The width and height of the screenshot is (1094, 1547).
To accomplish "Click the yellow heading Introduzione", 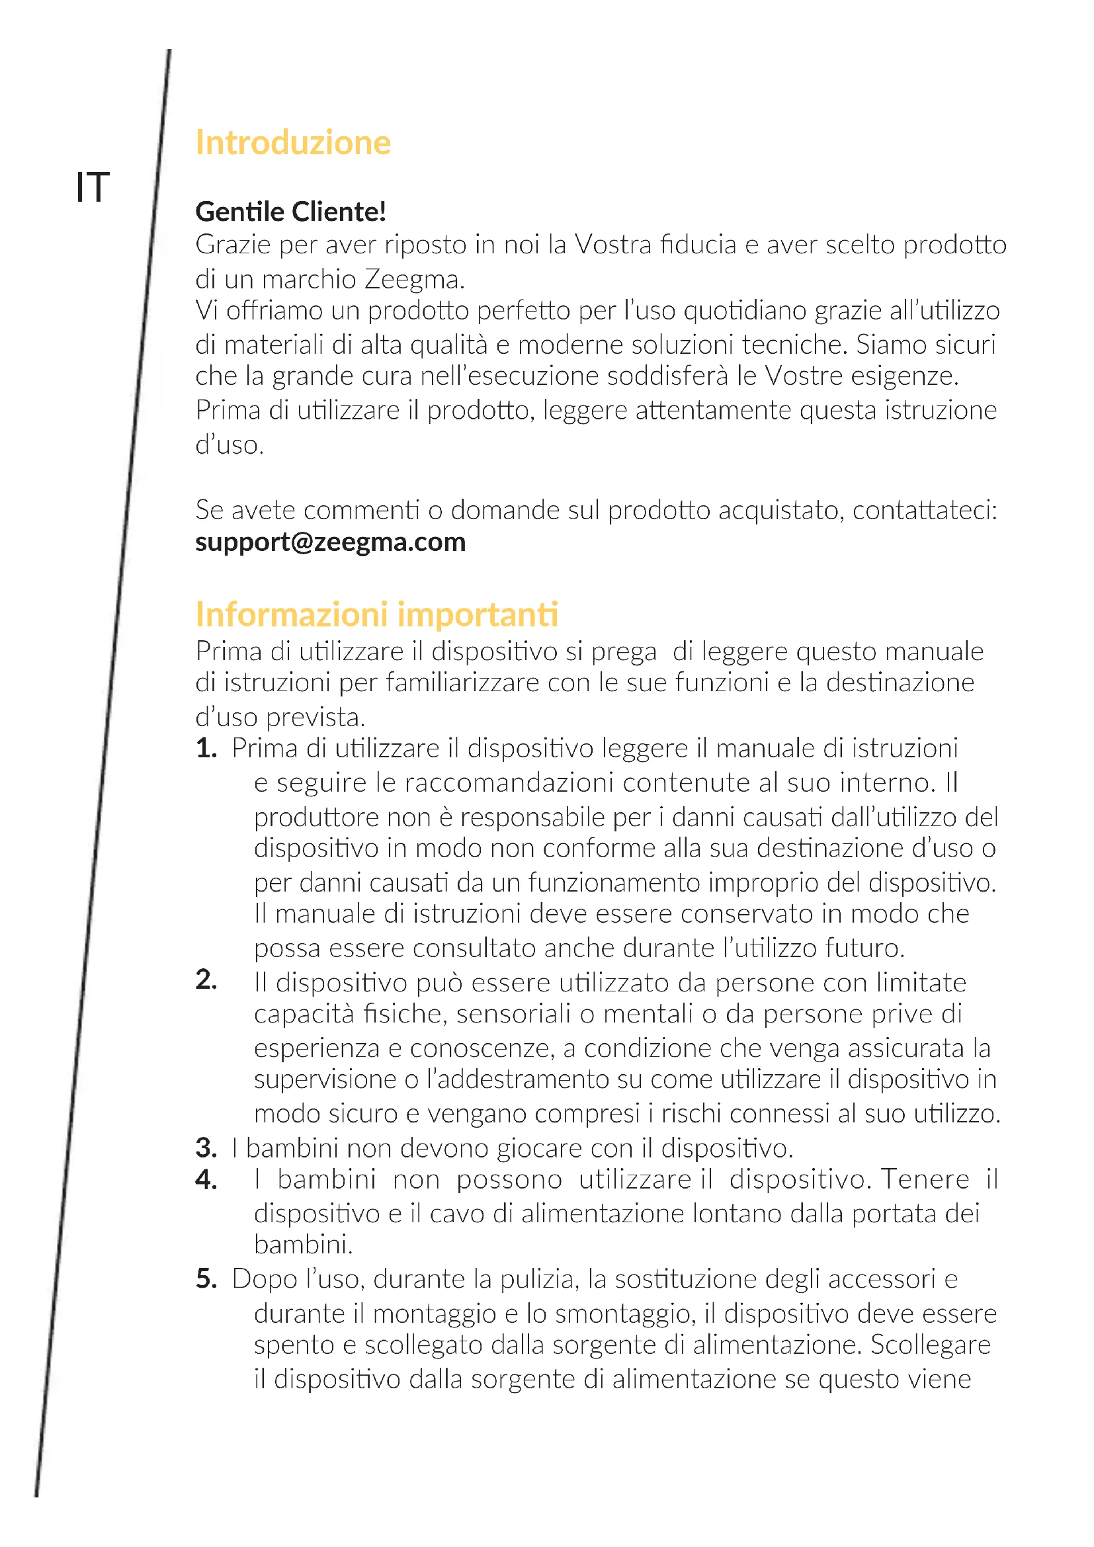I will click(293, 143).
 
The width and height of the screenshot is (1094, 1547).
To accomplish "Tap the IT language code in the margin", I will click(93, 187).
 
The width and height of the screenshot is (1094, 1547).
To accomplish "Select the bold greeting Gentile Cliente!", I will click(290, 212).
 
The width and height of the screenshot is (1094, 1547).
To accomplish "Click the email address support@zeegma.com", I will click(330, 542).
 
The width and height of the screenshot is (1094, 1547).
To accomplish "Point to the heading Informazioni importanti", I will click(376, 614).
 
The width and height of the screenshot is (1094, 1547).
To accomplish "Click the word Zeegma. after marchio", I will click(414, 279).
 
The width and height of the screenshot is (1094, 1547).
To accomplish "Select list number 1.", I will click(206, 749).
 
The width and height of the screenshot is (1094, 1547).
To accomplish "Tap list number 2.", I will click(206, 980).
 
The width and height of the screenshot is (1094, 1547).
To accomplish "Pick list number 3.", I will click(206, 1148).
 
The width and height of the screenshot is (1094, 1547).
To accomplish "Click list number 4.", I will click(206, 1179).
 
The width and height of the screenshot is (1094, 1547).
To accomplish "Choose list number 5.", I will click(206, 1278).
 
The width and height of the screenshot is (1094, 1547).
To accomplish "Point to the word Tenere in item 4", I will click(925, 1179).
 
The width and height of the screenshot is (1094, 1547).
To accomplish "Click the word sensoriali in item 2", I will click(513, 1014).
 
